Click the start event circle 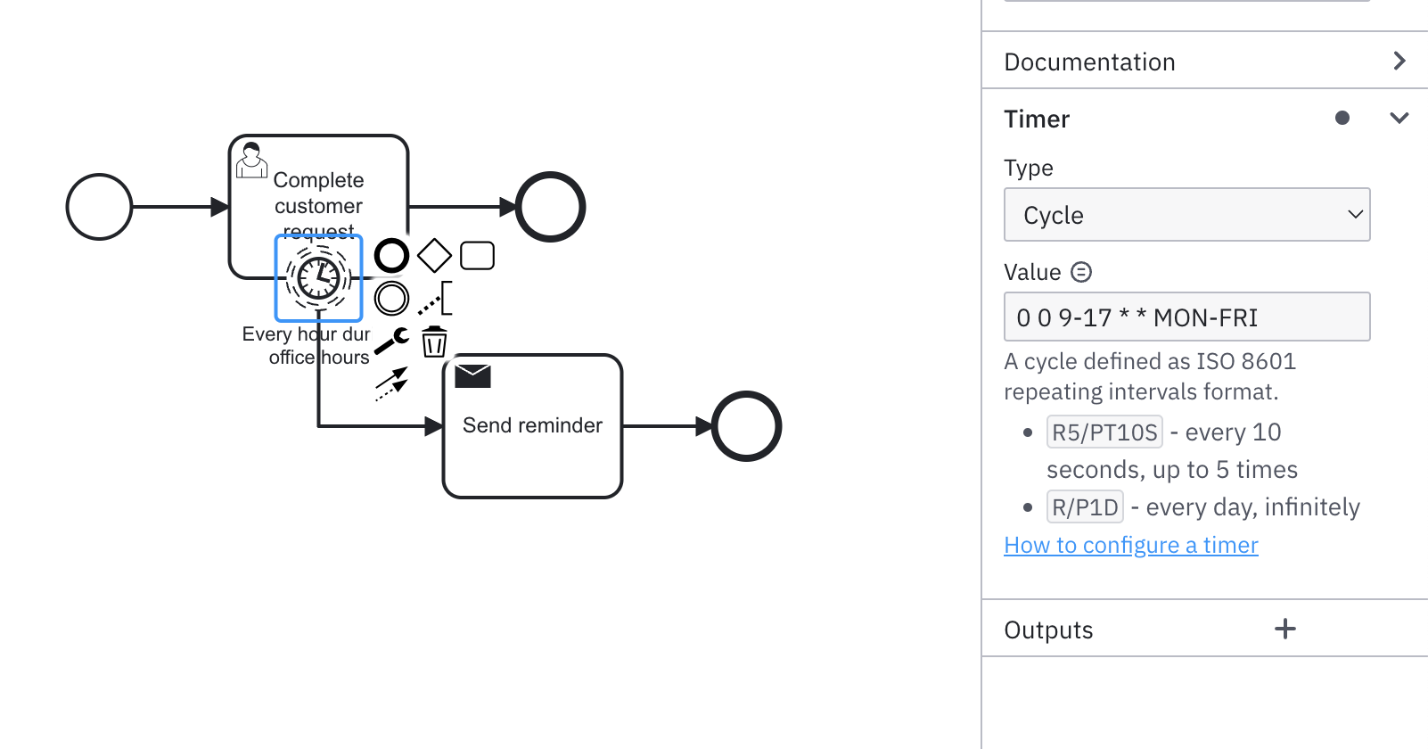tap(99, 207)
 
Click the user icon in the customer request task tap(251, 160)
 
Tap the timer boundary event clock tap(318, 278)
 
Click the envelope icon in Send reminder tap(472, 375)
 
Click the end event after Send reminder tap(746, 426)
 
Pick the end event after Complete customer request tap(551, 207)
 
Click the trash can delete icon tap(434, 342)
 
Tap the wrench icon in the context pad tap(391, 341)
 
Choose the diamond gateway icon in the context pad tap(434, 256)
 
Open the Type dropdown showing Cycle tap(1186, 215)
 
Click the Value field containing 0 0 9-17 tap(1186, 317)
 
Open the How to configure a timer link tap(1130, 545)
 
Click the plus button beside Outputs tap(1284, 630)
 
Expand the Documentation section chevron tap(1399, 61)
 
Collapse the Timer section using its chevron tap(1399, 118)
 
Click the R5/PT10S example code tap(1104, 432)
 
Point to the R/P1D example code tap(1085, 507)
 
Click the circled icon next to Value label tap(1080, 272)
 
